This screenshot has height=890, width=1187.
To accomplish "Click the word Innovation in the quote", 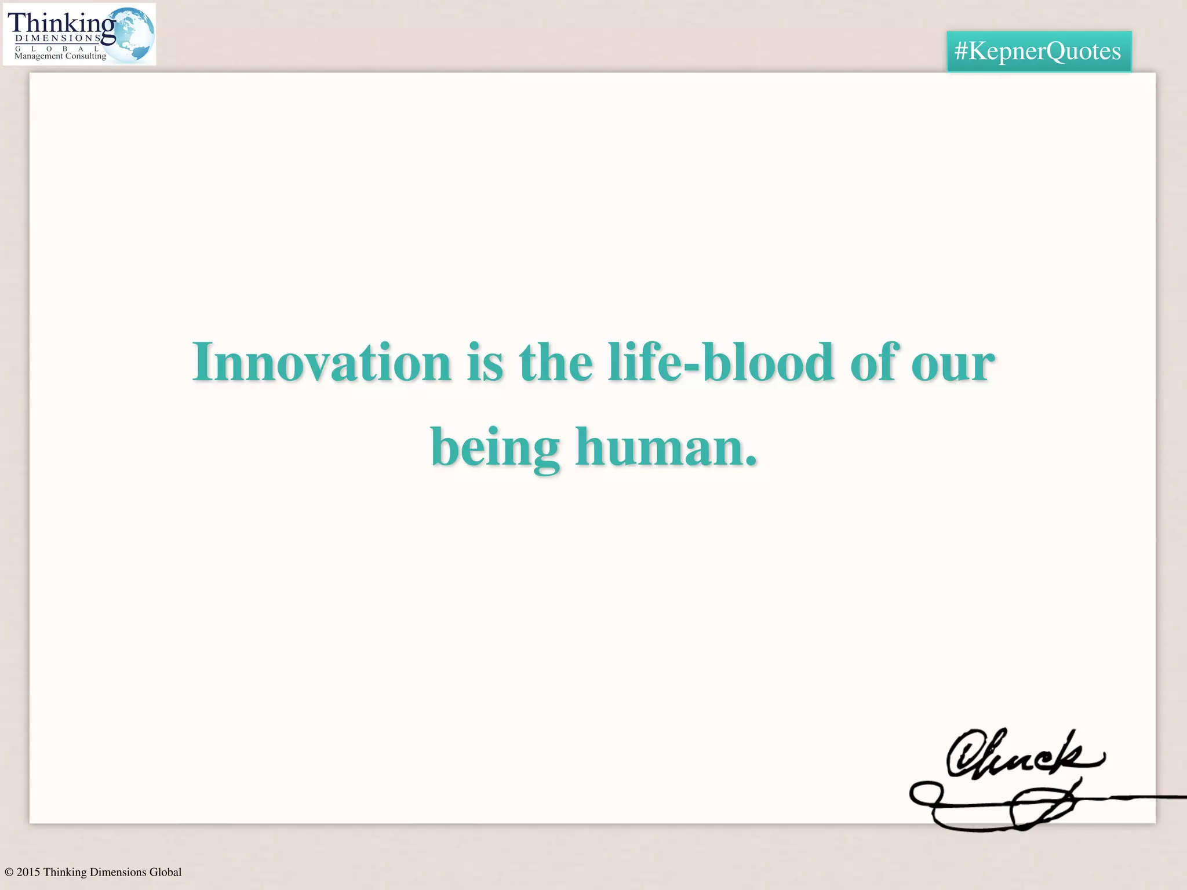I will coord(322,363).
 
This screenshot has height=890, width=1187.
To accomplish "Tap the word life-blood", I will coord(721,363).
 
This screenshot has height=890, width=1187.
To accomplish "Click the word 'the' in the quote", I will coord(556,363).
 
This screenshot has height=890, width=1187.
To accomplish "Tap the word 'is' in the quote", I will coord(485,364).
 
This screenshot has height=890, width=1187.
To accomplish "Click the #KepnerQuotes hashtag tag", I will coord(1038,51).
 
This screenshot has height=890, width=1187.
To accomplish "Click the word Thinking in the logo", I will coord(61,23).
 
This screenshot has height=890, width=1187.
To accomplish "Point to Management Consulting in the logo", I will coord(60,56).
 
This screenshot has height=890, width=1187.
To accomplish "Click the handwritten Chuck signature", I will coord(1023,753).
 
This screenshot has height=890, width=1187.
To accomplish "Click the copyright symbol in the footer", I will coord(9,872).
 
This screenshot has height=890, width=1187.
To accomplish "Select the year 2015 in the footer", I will coord(28,872).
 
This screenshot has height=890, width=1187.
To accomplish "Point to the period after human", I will coord(751,462).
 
